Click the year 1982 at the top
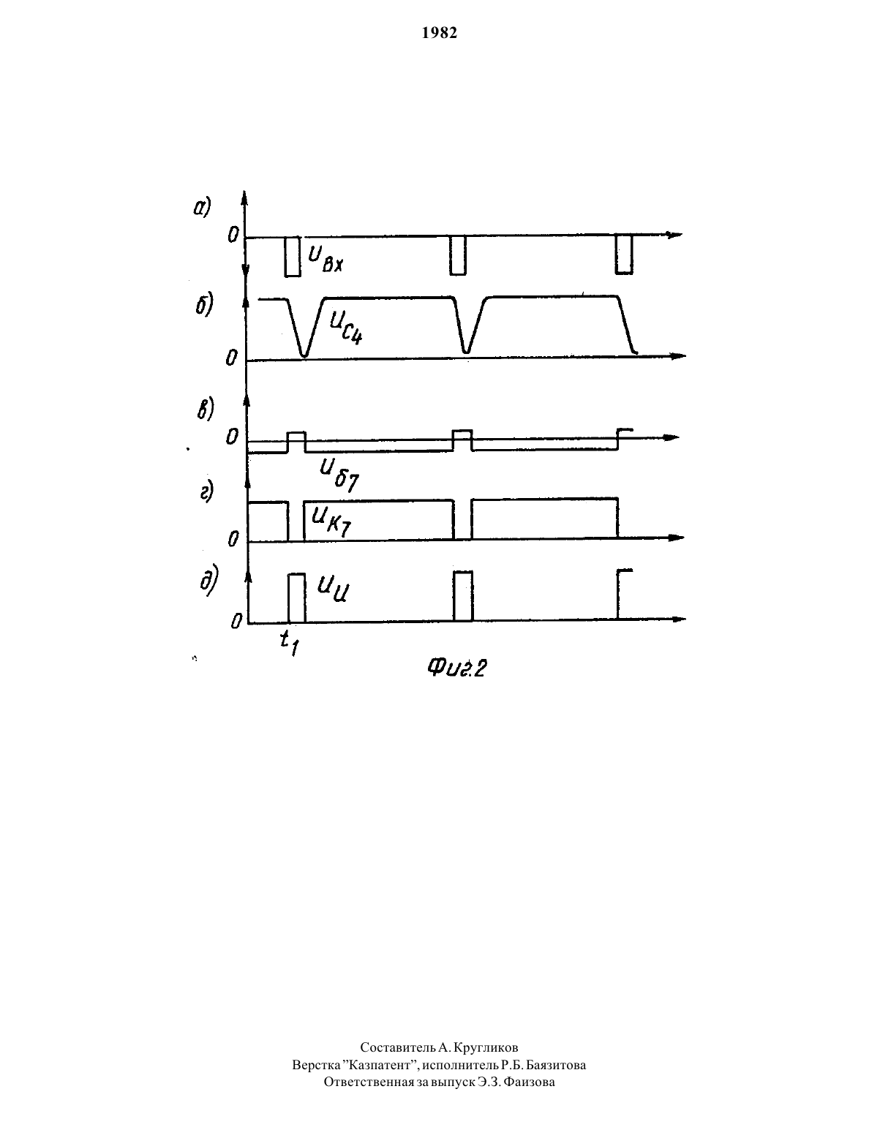[440, 32]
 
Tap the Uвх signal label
[326, 259]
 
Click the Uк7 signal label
[331, 522]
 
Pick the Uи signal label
[332, 590]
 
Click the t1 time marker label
[290, 644]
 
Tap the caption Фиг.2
[456, 668]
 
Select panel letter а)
[202, 208]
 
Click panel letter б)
[204, 305]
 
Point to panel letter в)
[206, 409]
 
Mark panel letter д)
[209, 582]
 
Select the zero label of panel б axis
[231, 358]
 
